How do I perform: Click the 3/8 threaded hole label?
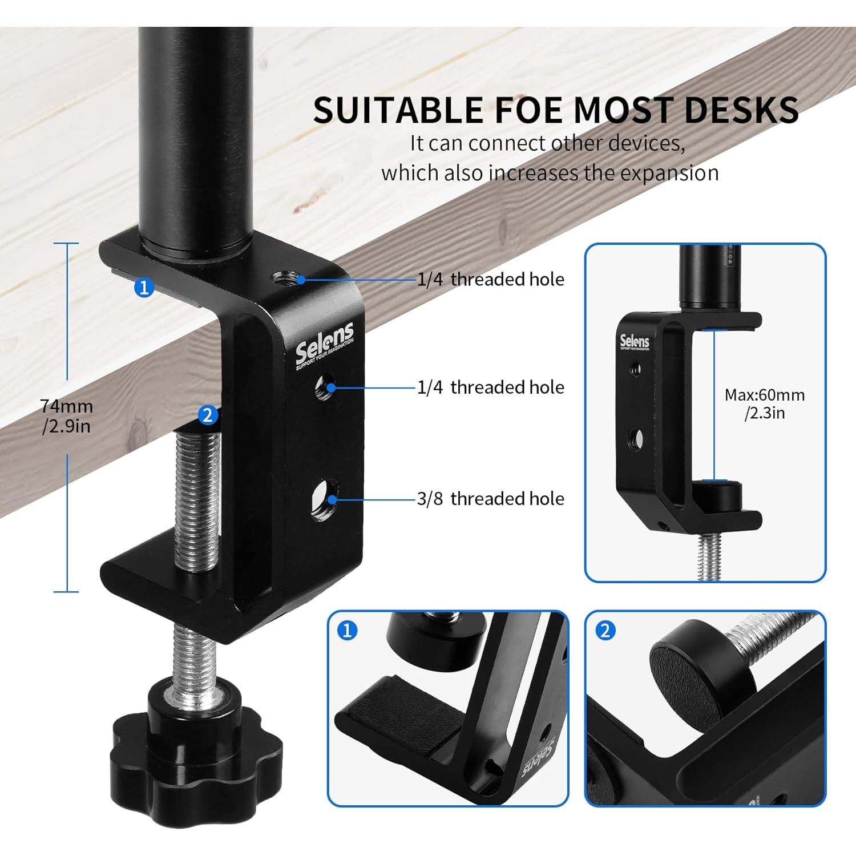490,499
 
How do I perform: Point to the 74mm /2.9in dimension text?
66,416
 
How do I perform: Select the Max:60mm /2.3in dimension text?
764,403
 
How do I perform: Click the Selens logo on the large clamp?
324,345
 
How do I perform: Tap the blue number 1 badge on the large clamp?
144,286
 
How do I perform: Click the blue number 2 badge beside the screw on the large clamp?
208,415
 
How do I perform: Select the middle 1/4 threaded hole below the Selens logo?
326,387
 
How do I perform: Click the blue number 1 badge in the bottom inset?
348,631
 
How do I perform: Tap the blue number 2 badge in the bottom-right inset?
605,631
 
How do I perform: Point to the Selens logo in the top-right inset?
635,342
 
